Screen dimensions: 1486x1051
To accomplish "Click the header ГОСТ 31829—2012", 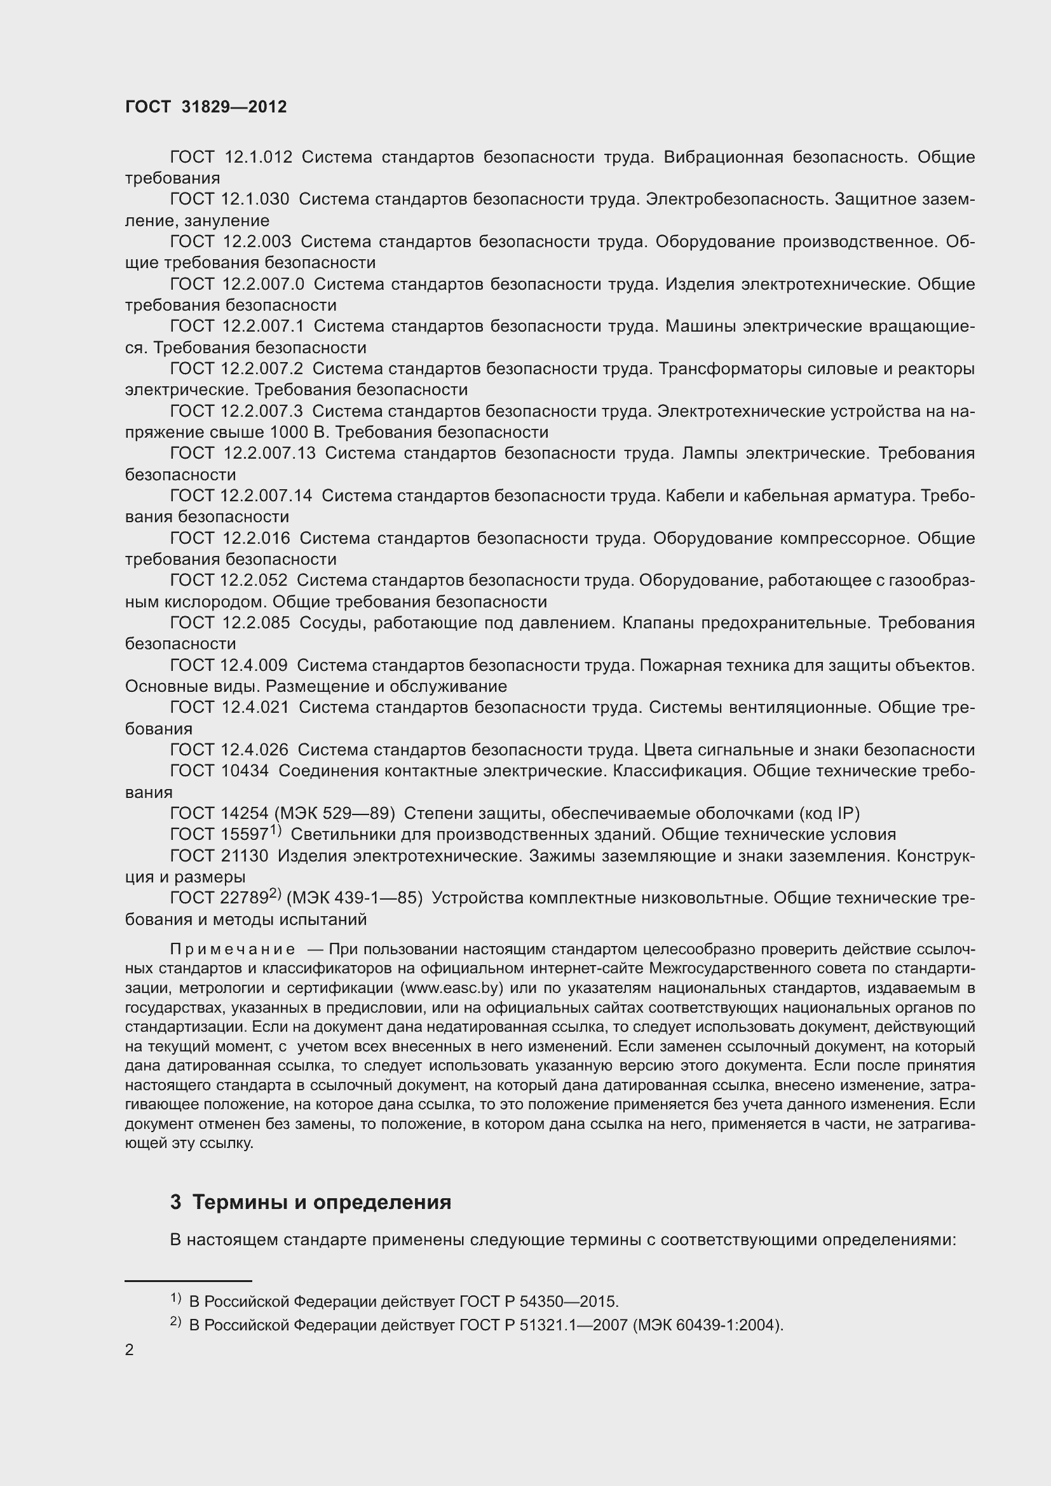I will (x=206, y=107).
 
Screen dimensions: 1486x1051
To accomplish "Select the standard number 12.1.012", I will (x=258, y=158).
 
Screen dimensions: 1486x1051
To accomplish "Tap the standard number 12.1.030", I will (x=255, y=199).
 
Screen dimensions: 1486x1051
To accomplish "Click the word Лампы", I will (x=709, y=454).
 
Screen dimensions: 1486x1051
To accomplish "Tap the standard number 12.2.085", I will (x=256, y=623).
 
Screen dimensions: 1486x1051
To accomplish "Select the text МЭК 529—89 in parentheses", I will (x=335, y=814).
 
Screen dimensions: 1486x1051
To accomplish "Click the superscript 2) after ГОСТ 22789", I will (x=275, y=894).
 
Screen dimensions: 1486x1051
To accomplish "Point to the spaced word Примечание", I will (x=233, y=949).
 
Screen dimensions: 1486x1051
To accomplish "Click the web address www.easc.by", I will (x=452, y=989).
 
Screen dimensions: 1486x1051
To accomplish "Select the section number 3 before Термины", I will (x=175, y=1203).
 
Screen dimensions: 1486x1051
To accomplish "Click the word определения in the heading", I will (x=382, y=1203).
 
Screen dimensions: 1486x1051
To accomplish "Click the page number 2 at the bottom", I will (x=130, y=1350).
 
